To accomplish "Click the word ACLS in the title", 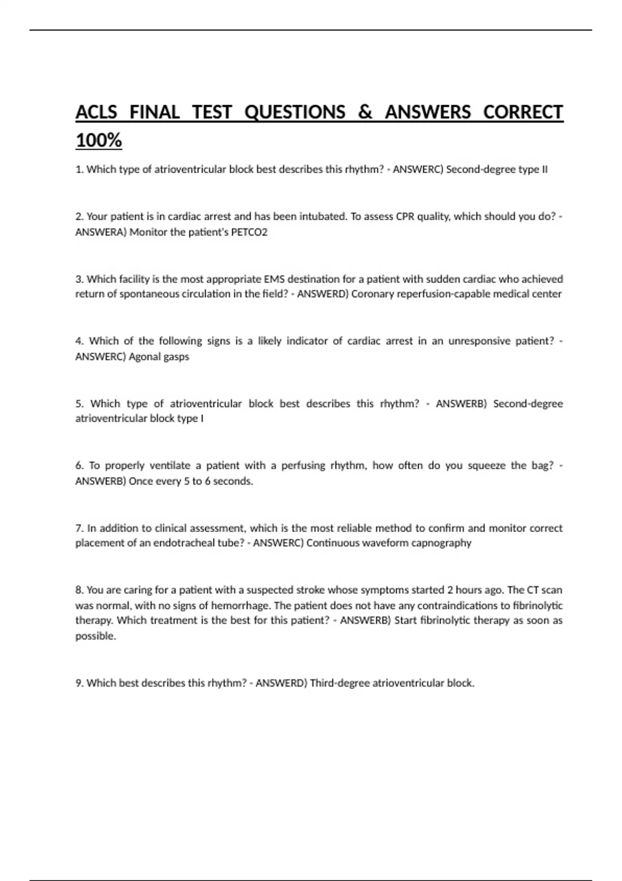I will [96, 112].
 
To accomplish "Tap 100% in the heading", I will [98, 140].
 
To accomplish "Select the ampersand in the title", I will [365, 112].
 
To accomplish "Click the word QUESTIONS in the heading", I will [294, 112].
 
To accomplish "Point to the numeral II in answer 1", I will [544, 169].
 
